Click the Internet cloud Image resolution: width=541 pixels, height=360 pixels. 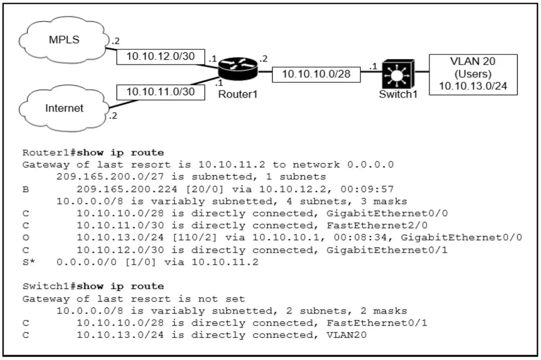64,108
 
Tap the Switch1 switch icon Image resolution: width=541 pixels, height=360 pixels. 398,74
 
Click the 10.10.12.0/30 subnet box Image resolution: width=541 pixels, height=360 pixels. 160,56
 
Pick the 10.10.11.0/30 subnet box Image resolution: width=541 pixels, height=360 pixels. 160,92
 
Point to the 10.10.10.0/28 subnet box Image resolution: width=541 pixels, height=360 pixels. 317,74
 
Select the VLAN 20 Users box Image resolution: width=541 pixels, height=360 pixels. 473,74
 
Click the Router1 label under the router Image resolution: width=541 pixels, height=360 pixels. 238,94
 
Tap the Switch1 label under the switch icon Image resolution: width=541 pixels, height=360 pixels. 398,94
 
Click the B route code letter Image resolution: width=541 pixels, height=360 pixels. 25,189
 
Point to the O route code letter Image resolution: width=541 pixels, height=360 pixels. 25,238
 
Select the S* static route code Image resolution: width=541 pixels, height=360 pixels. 29,262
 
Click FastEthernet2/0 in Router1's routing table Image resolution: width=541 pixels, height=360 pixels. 377,226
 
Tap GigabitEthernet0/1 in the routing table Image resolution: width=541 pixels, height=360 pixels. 387,250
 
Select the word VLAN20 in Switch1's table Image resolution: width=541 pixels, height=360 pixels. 346,335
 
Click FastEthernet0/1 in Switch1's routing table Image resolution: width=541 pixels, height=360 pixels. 377,323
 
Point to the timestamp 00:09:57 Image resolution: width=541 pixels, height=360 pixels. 367,189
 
